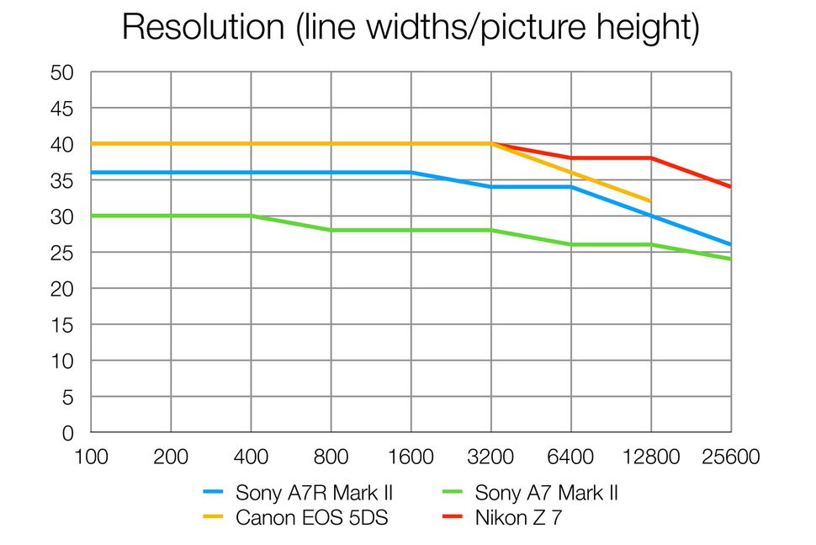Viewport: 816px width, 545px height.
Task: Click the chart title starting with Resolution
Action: pyautogui.click(x=410, y=27)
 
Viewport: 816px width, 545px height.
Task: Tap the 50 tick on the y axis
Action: pyautogui.click(x=62, y=73)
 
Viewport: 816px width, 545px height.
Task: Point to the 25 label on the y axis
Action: pyautogui.click(x=62, y=253)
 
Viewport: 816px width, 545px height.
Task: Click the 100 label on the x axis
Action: pyautogui.click(x=91, y=457)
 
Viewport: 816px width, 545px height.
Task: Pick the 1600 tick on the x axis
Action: pyautogui.click(x=411, y=457)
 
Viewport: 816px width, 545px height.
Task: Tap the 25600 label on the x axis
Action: pyautogui.click(x=730, y=457)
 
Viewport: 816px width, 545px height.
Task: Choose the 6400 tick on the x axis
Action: pyautogui.click(x=570, y=457)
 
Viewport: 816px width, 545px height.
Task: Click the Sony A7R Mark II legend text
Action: pyautogui.click(x=314, y=493)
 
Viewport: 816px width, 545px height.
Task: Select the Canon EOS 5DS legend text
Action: pyautogui.click(x=311, y=517)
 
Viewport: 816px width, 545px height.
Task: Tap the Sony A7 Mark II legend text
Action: pyautogui.click(x=546, y=493)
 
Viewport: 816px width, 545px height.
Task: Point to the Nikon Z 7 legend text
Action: pyautogui.click(x=518, y=517)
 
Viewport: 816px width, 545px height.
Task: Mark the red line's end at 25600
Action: pyautogui.click(x=730, y=187)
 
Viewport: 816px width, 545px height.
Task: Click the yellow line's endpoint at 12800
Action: pyautogui.click(x=650, y=201)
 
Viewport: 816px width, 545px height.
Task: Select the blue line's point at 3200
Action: pyautogui.click(x=490, y=187)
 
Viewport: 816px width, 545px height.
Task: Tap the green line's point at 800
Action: pyautogui.click(x=331, y=230)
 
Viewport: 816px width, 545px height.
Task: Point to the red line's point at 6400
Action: pyautogui.click(x=570, y=158)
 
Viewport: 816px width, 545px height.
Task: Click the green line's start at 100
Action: pyautogui.click(x=92, y=216)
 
